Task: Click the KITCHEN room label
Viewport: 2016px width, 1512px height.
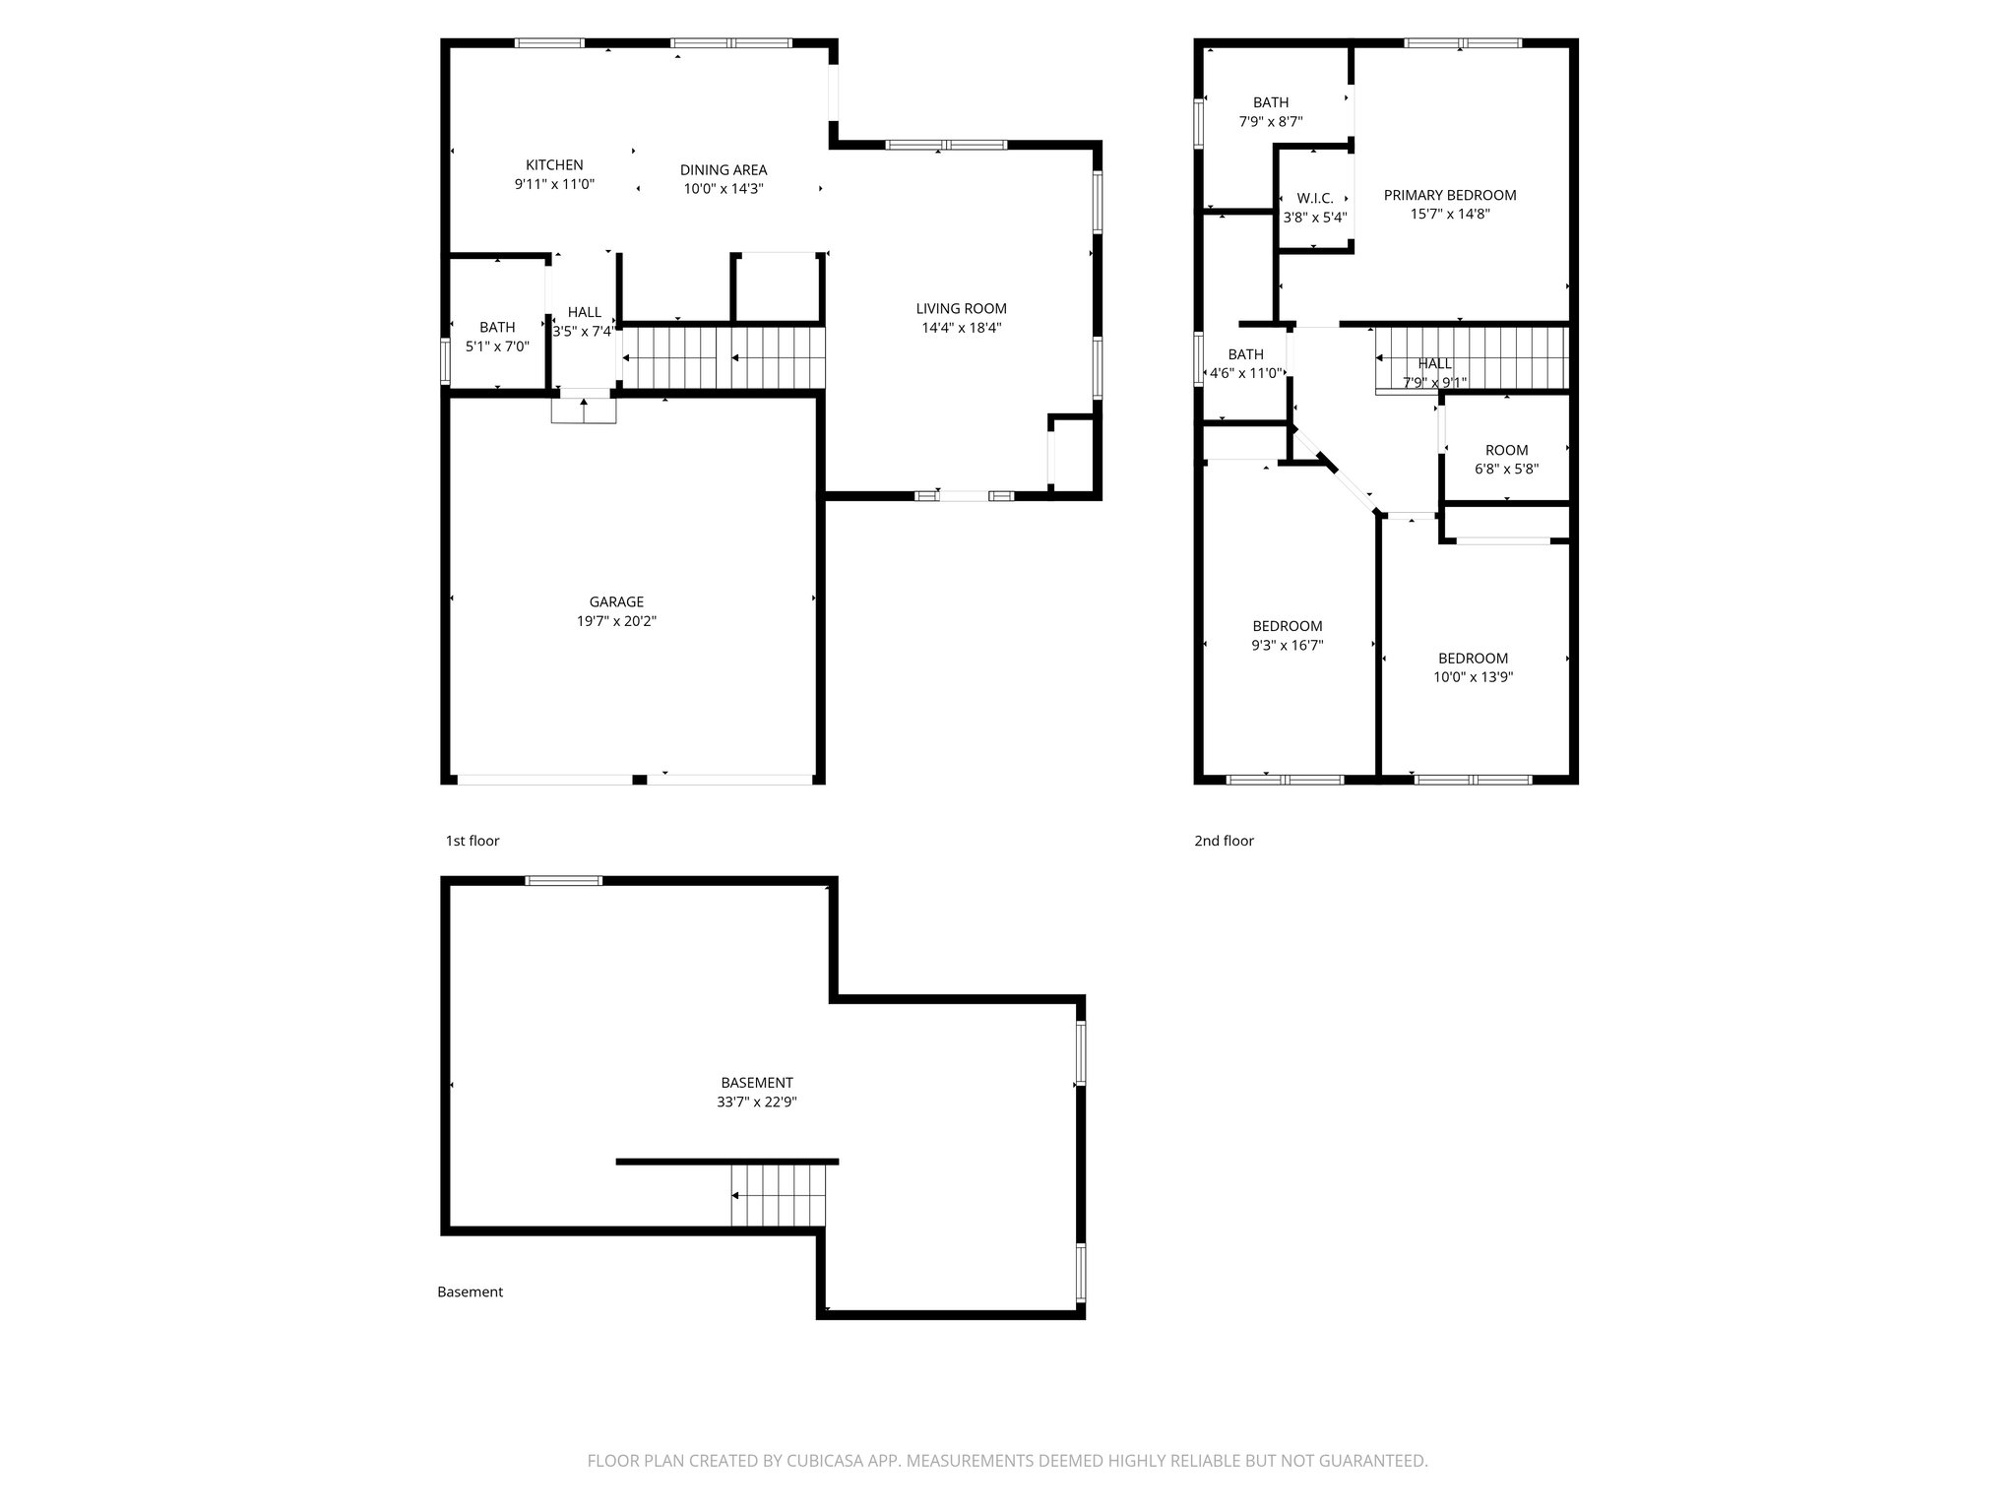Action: pyautogui.click(x=554, y=165)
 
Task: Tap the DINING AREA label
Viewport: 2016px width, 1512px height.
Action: pyautogui.click(x=724, y=170)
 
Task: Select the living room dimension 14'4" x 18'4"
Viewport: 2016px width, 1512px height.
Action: pyautogui.click(x=961, y=328)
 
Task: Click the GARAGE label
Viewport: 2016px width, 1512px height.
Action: pyautogui.click(x=616, y=602)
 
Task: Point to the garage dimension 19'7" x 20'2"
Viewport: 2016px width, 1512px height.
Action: pyautogui.click(x=616, y=621)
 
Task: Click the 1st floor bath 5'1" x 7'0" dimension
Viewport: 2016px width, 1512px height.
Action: pyautogui.click(x=497, y=346)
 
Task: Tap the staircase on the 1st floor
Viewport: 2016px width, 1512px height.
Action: pyautogui.click(x=724, y=358)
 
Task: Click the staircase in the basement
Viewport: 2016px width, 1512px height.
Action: pyautogui.click(x=778, y=1195)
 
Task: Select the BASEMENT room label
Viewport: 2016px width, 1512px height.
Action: pyautogui.click(x=756, y=1083)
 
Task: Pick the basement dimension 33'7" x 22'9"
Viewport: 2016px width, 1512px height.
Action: pyautogui.click(x=756, y=1102)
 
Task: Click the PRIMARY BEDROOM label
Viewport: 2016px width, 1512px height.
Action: pyautogui.click(x=1449, y=195)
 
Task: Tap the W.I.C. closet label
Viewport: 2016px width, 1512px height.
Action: pyautogui.click(x=1314, y=199)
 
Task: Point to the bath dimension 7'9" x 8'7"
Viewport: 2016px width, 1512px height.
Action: pyautogui.click(x=1270, y=122)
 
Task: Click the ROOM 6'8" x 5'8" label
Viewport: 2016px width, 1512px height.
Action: pyautogui.click(x=1506, y=451)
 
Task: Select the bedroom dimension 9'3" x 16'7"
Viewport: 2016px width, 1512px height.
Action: pyautogui.click(x=1287, y=646)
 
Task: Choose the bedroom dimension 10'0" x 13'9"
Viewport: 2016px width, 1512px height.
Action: pyautogui.click(x=1473, y=677)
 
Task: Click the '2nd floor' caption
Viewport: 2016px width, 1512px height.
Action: pyautogui.click(x=1224, y=841)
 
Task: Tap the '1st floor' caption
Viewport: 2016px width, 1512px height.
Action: pyautogui.click(x=472, y=841)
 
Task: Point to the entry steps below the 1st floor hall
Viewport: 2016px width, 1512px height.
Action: pyautogui.click(x=584, y=410)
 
